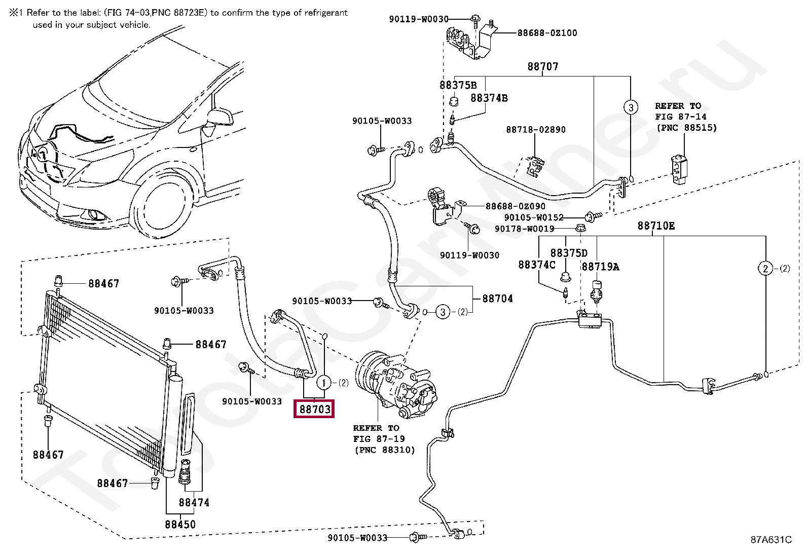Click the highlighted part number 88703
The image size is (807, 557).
pyautogui.click(x=314, y=409)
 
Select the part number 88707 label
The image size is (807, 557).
pyautogui.click(x=542, y=66)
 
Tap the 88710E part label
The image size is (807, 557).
pyautogui.click(x=656, y=226)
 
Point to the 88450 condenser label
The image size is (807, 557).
pyautogui.click(x=180, y=524)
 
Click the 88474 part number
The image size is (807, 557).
pyautogui.click(x=194, y=502)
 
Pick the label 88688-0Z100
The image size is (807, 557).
pyautogui.click(x=547, y=33)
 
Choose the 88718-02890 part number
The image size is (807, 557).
pyautogui.click(x=536, y=129)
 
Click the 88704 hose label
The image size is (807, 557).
pyautogui.click(x=497, y=299)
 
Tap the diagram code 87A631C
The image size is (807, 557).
pyautogui.click(x=771, y=539)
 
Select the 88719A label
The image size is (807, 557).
pyautogui.click(x=601, y=267)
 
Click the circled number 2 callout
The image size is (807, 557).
pyautogui.click(x=765, y=269)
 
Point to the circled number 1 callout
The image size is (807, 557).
pyautogui.click(x=324, y=383)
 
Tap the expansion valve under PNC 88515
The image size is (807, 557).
pyautogui.click(x=678, y=170)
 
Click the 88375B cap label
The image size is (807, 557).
pyautogui.click(x=458, y=85)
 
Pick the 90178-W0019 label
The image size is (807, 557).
pyautogui.click(x=525, y=229)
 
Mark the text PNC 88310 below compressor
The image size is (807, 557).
pyautogui.click(x=385, y=450)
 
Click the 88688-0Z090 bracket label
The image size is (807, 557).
pyautogui.click(x=515, y=206)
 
